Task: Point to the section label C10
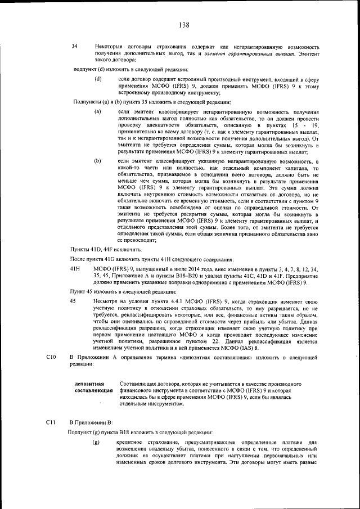click(49, 357)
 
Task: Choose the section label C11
click(49, 421)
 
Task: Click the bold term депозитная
click(91, 384)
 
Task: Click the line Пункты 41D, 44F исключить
click(105, 249)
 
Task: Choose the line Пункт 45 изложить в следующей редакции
click(123, 292)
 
